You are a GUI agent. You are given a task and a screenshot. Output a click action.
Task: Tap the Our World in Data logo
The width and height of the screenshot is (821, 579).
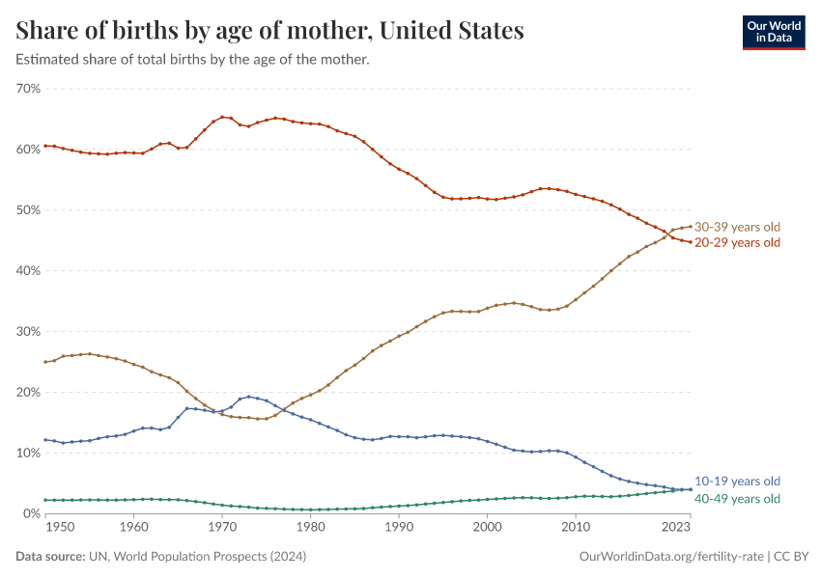[773, 32]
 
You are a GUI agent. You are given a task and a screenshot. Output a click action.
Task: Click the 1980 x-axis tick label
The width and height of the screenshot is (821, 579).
[310, 527]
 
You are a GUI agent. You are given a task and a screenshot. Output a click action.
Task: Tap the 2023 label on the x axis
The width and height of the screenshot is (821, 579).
[676, 527]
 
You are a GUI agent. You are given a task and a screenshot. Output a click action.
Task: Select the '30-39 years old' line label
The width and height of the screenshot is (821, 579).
[737, 227]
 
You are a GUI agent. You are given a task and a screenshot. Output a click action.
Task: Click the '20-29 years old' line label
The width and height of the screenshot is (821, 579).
[737, 242]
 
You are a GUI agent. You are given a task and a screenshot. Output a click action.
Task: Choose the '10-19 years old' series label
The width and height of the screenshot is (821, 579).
[737, 482]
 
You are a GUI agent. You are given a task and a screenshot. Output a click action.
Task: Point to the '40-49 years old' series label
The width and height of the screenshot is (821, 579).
[737, 499]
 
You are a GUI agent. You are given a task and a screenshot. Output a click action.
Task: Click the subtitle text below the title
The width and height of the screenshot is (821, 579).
[193, 59]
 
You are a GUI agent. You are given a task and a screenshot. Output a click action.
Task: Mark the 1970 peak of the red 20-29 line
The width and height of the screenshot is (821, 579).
[222, 117]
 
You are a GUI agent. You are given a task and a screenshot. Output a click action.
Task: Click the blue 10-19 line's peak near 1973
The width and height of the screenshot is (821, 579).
[249, 397]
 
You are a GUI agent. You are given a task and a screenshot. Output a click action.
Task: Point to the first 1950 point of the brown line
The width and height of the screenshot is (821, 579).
[45, 362]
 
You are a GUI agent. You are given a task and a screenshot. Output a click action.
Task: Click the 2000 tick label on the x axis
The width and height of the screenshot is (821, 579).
[487, 527]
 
